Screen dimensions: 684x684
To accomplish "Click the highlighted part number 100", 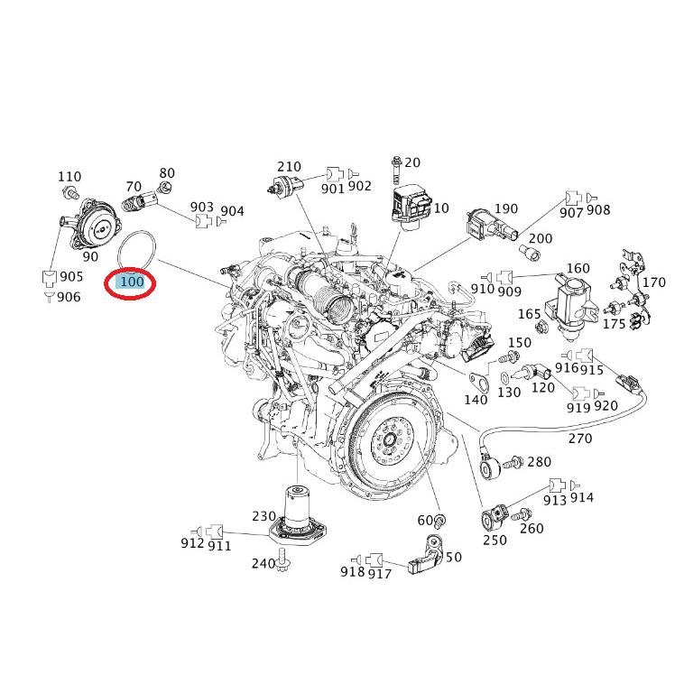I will click(132, 282).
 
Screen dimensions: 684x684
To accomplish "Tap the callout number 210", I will click(289, 167).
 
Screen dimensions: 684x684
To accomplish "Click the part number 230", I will click(263, 516).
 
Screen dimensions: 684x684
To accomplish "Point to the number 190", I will click(532, 208).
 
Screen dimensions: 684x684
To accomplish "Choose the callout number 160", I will click(578, 269).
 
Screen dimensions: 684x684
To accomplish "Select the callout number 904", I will click(232, 211).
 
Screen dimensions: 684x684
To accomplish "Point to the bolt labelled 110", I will click(70, 192).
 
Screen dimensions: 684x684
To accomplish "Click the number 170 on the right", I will click(653, 282).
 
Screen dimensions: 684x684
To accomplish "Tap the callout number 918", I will click(353, 571).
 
